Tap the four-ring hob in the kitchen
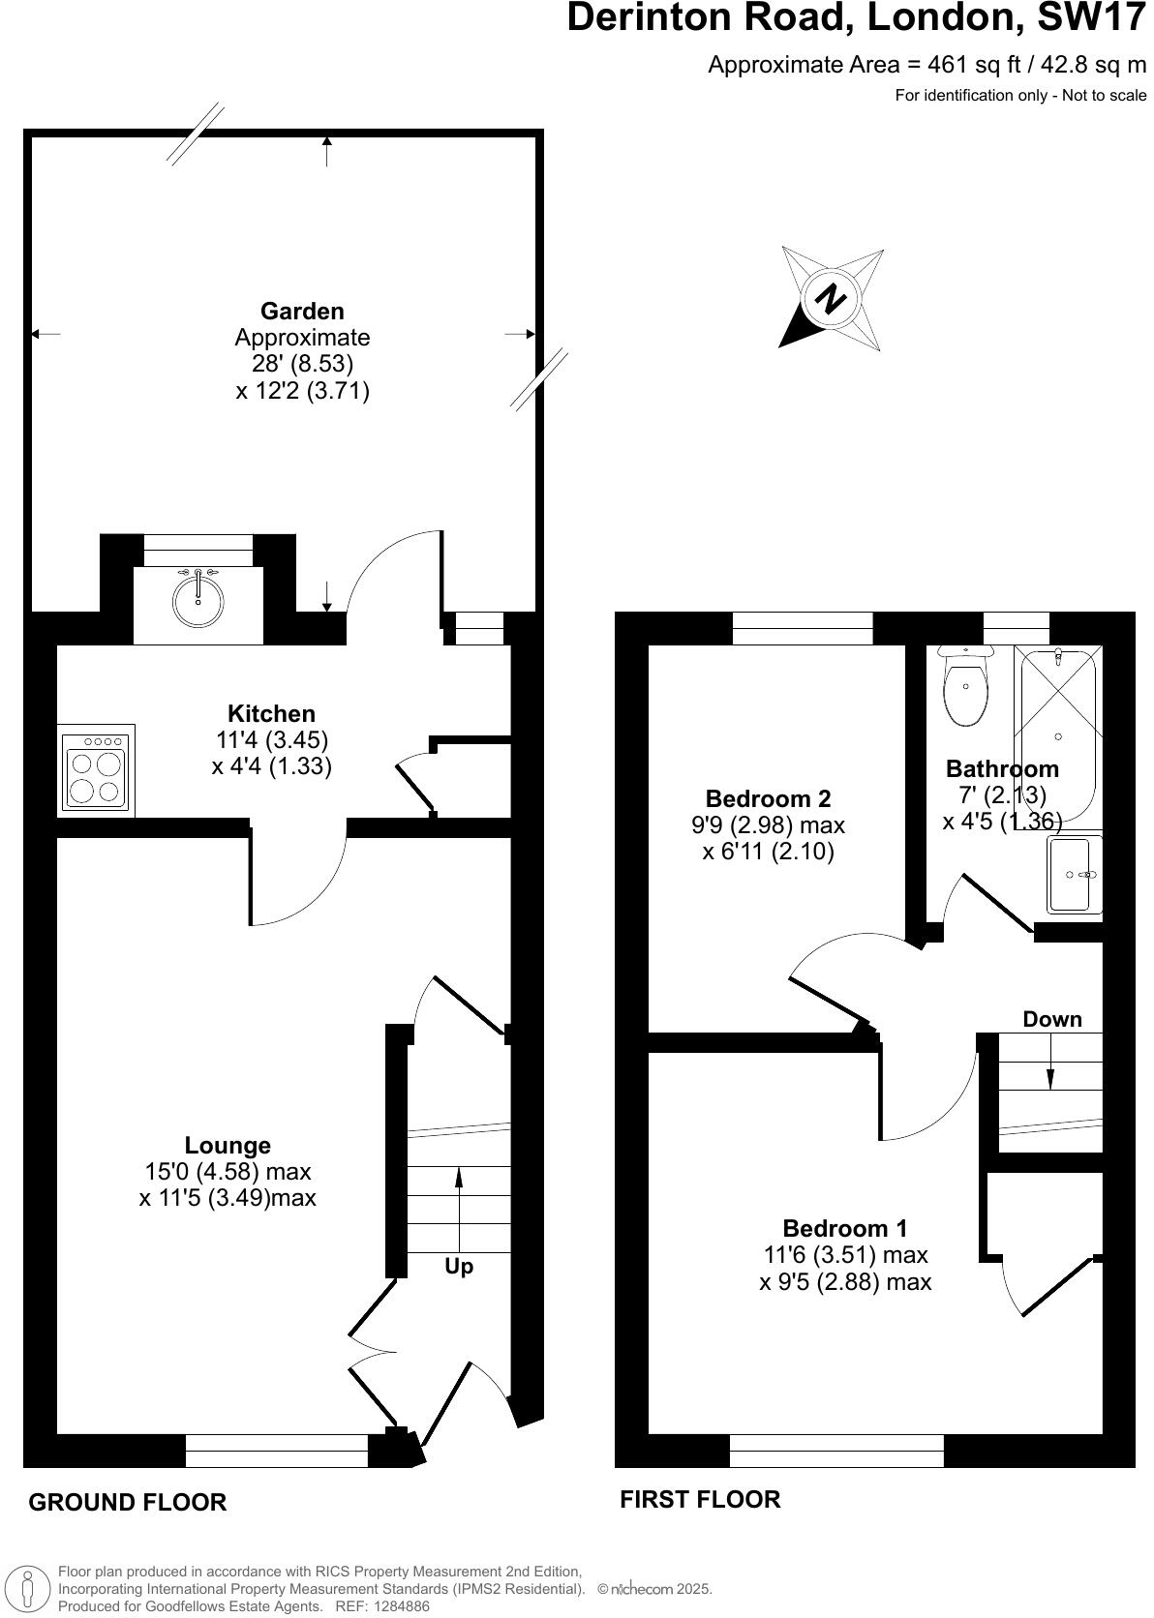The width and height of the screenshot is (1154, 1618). (x=95, y=770)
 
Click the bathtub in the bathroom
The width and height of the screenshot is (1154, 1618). (x=1057, y=735)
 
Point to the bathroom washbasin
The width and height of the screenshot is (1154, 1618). (x=1073, y=874)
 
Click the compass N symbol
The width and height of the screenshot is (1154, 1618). (x=830, y=298)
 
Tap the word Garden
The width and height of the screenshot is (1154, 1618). (x=302, y=311)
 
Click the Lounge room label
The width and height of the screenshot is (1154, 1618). (x=228, y=1145)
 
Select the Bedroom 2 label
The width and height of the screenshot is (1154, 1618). (x=768, y=798)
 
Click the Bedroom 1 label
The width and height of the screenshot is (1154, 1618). (x=845, y=1228)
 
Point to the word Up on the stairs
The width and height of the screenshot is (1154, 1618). (x=459, y=1266)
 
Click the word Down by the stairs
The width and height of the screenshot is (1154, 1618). (x=1052, y=1019)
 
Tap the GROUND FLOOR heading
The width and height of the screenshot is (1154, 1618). (x=128, y=1502)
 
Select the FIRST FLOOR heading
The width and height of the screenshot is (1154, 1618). (x=700, y=1499)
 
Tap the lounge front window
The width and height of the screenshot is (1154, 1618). (x=277, y=1450)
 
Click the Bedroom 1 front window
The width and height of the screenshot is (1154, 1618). (x=836, y=1450)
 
